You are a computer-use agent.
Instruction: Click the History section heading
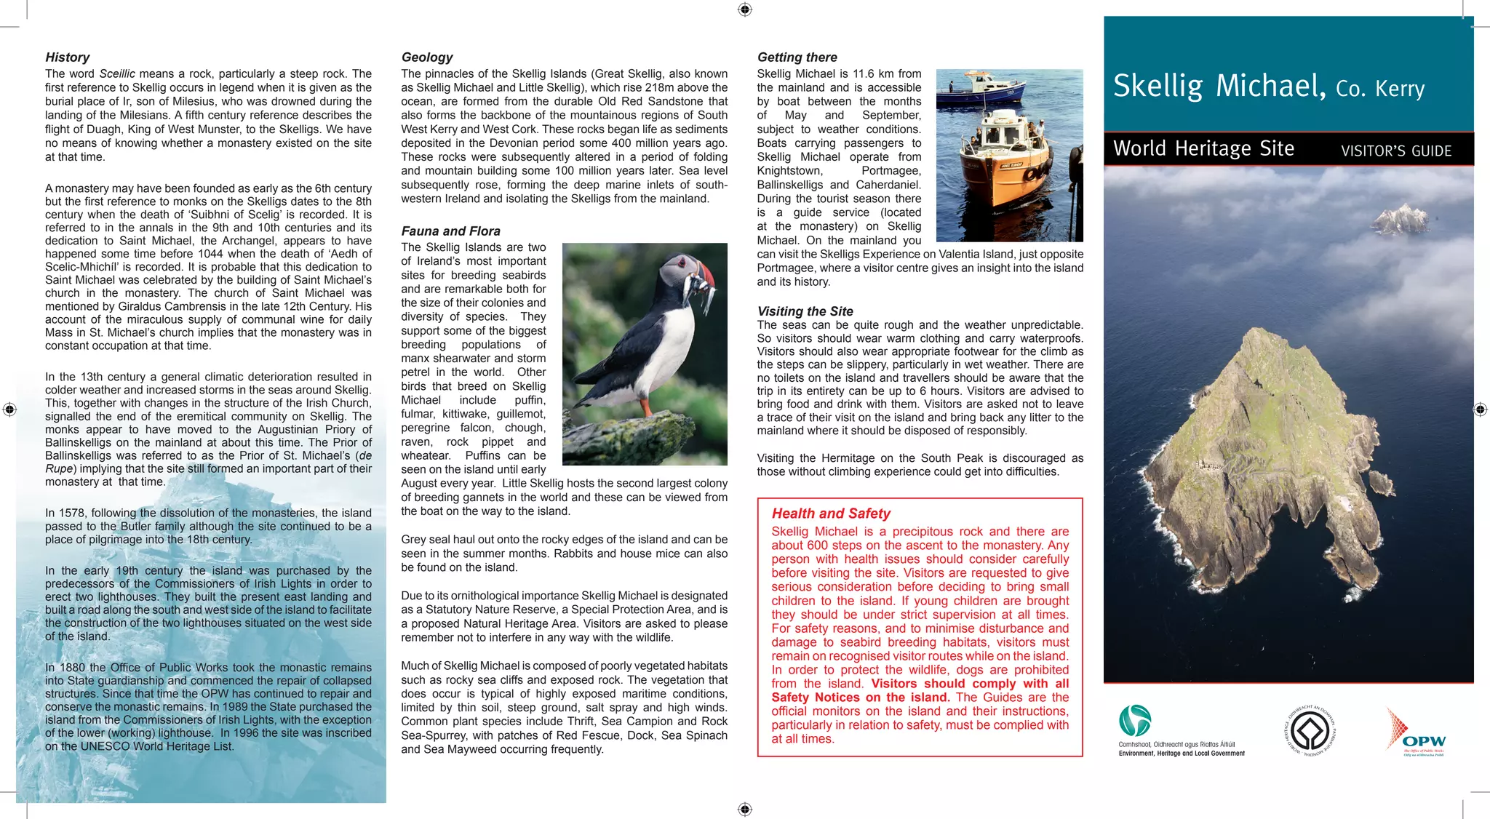point(67,57)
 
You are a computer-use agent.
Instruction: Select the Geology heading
point(426,57)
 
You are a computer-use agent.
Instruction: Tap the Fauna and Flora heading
point(450,231)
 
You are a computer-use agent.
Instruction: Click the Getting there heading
point(797,57)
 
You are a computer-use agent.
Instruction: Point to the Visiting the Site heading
point(805,311)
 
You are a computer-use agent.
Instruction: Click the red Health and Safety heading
point(831,514)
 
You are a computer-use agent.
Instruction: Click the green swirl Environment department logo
point(1134,721)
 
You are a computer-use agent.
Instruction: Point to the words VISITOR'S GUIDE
point(1395,151)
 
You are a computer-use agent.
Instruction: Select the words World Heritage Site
point(1203,149)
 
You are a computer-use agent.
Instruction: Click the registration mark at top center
point(744,9)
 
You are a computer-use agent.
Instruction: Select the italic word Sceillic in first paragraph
point(117,74)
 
